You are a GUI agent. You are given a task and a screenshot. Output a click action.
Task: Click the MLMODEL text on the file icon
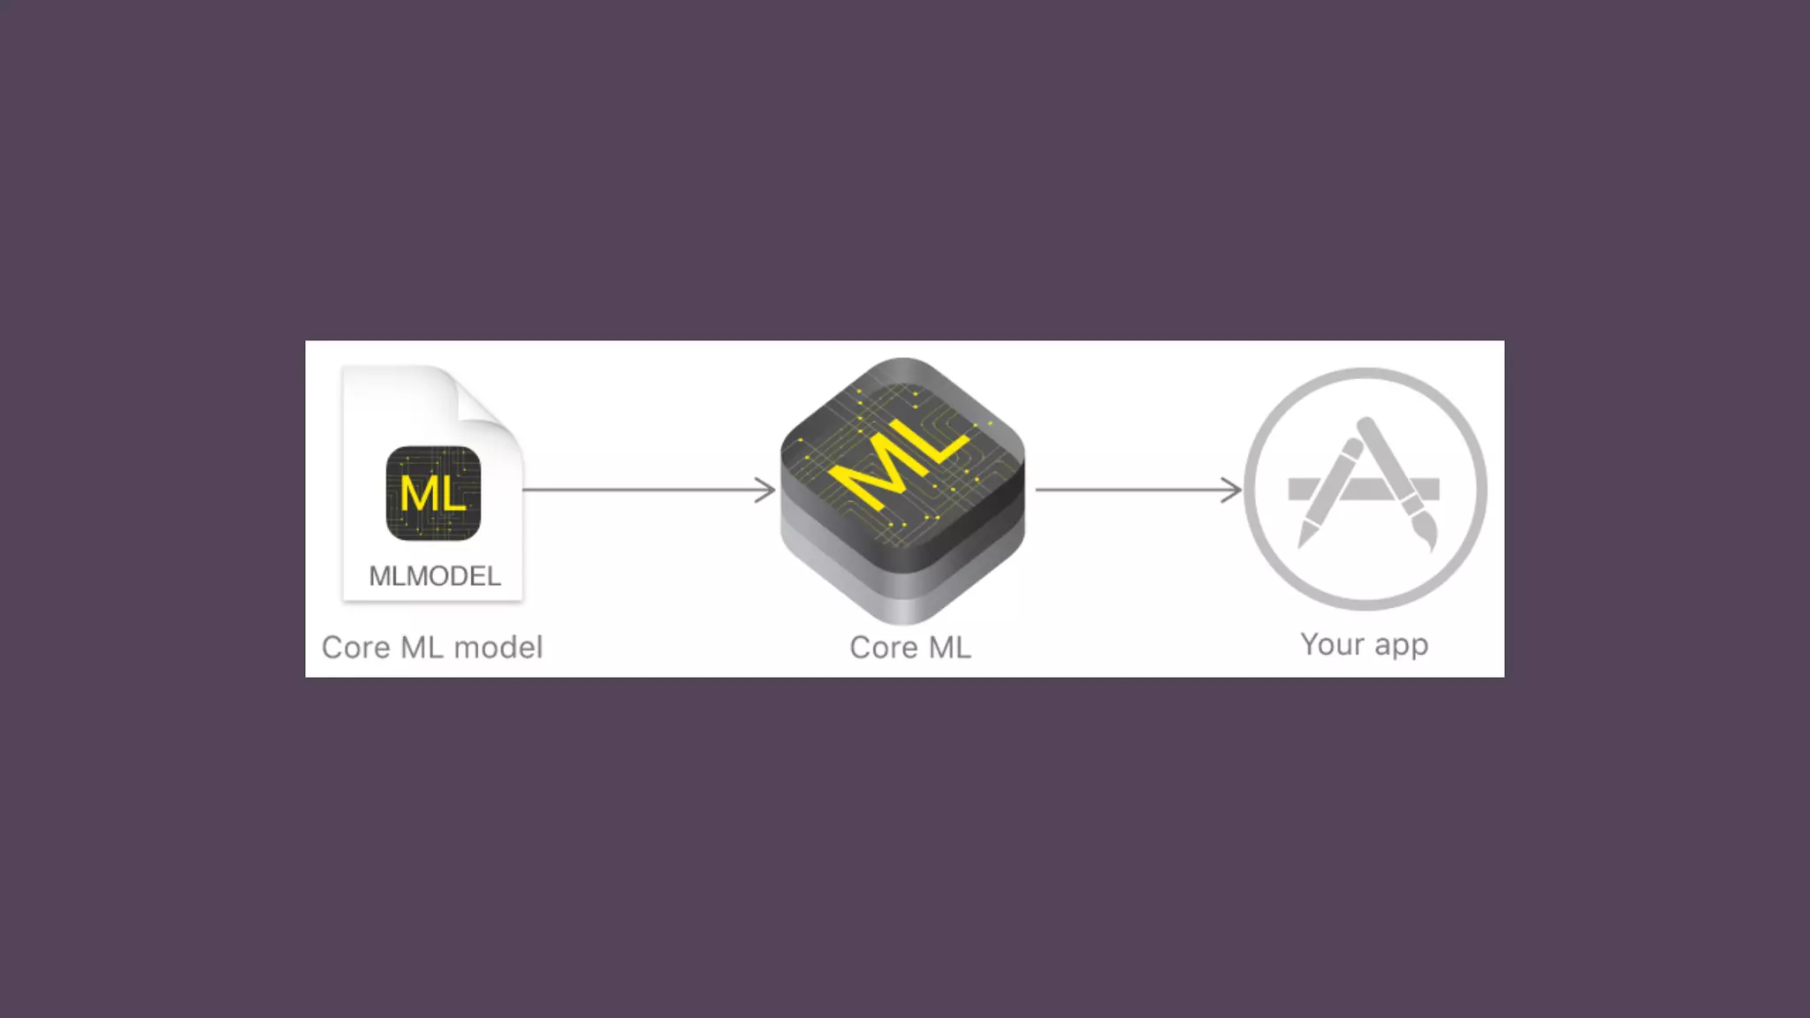tap(435, 576)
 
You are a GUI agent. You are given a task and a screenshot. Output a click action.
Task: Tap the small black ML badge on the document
tap(433, 493)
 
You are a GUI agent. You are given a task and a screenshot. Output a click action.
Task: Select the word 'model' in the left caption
tap(498, 648)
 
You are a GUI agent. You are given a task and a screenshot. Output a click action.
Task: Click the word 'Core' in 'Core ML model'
tap(355, 648)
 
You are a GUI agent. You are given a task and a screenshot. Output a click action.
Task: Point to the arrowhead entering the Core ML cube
tap(767, 490)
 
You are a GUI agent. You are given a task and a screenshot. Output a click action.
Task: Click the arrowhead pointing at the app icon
tap(1233, 490)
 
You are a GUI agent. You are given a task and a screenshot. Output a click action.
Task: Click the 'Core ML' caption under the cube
tap(910, 648)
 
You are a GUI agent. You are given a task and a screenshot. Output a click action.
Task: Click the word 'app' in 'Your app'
tap(1401, 646)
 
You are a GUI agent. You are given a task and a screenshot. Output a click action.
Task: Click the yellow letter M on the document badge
tap(417, 493)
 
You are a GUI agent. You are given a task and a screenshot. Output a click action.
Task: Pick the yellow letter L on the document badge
tap(452, 494)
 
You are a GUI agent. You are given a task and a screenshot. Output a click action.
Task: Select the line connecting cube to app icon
tap(1131, 490)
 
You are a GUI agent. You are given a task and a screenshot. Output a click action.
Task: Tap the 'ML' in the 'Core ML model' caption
tap(422, 648)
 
